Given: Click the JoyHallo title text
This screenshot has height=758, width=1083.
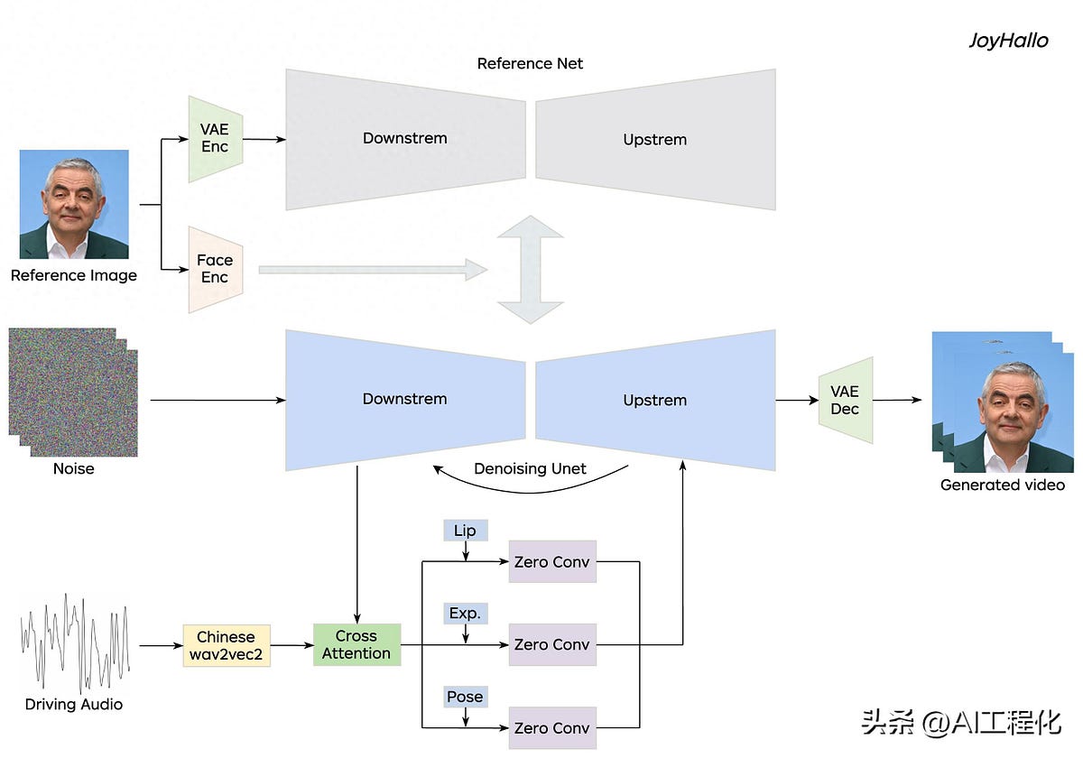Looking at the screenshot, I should [1008, 41].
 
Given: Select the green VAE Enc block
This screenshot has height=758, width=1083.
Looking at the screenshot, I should [215, 139].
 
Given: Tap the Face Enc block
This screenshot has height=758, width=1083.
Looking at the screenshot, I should [215, 269].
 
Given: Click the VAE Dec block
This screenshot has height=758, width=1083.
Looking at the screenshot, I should [845, 400].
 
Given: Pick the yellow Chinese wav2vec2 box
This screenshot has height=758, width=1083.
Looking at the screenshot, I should [226, 645].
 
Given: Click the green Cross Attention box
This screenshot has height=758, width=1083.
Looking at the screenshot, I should [356, 645].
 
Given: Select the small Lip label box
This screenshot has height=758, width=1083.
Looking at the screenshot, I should [465, 531].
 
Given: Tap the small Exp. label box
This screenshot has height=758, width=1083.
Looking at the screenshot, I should [465, 614].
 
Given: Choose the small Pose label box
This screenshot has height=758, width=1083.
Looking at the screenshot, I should [465, 697].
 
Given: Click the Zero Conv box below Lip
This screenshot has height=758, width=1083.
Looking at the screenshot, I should [552, 561].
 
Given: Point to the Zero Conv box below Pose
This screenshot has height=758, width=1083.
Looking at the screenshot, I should [552, 727].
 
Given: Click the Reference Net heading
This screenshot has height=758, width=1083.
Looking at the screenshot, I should [530, 64].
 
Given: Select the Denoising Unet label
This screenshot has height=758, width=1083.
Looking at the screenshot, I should [530, 469].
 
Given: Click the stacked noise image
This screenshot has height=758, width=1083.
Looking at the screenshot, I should [72, 393].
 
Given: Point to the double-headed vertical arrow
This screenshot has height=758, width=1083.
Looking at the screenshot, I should [530, 269].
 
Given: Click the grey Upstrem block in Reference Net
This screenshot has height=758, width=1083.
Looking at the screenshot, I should [655, 140].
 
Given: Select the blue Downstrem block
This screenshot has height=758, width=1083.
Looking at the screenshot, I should [404, 399].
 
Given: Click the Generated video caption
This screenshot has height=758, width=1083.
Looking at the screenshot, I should [1002, 485].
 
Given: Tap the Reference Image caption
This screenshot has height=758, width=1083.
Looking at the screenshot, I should [74, 276].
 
